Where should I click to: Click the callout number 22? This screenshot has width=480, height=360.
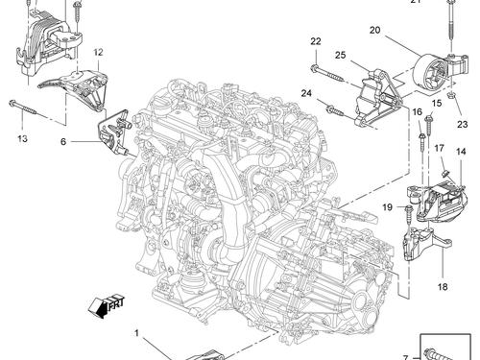point(316,40)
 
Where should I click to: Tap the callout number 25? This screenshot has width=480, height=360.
point(341,57)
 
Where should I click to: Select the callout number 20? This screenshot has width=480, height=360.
point(374,31)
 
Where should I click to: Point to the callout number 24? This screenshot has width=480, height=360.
point(305,93)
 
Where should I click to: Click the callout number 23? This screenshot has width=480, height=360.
point(462,125)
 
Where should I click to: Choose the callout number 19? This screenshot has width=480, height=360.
point(389,207)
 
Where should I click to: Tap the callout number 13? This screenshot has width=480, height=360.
point(21,137)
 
